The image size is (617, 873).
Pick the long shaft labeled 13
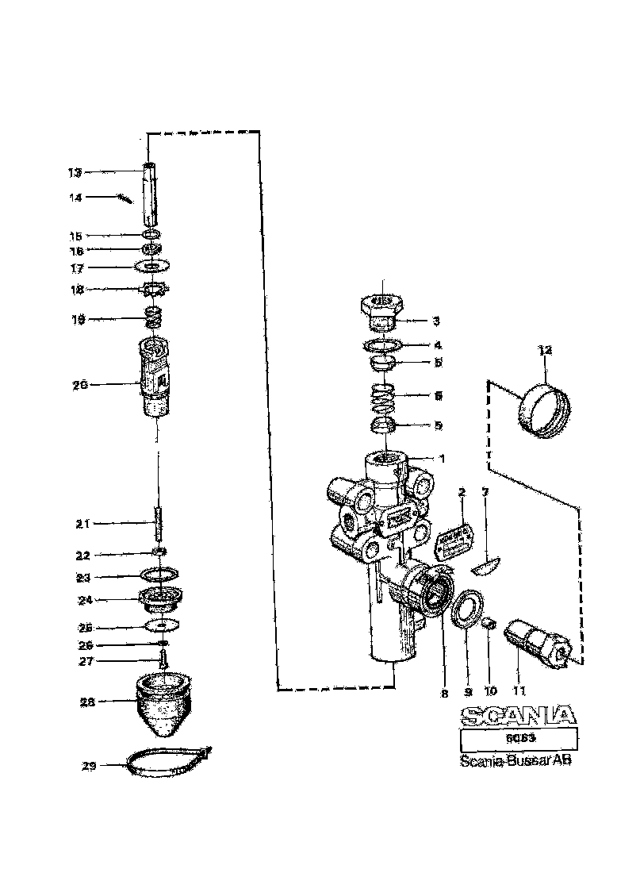pyautogui.click(x=150, y=194)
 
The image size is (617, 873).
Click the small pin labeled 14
pyautogui.click(x=123, y=199)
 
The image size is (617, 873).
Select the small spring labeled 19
pyautogui.click(x=152, y=319)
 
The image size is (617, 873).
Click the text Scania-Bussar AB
pyautogui.click(x=515, y=760)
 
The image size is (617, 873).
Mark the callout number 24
pyautogui.click(x=84, y=599)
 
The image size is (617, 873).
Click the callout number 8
pyautogui.click(x=444, y=693)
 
